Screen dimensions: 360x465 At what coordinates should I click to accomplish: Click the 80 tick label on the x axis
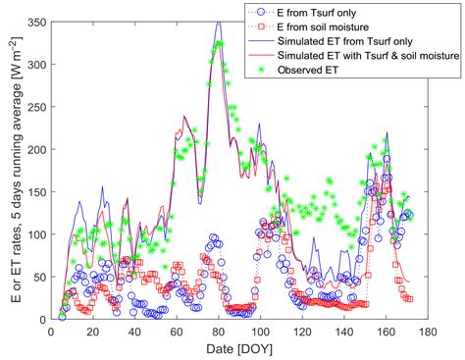pos(218,332)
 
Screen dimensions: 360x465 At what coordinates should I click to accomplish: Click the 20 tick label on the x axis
pos(93,332)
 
